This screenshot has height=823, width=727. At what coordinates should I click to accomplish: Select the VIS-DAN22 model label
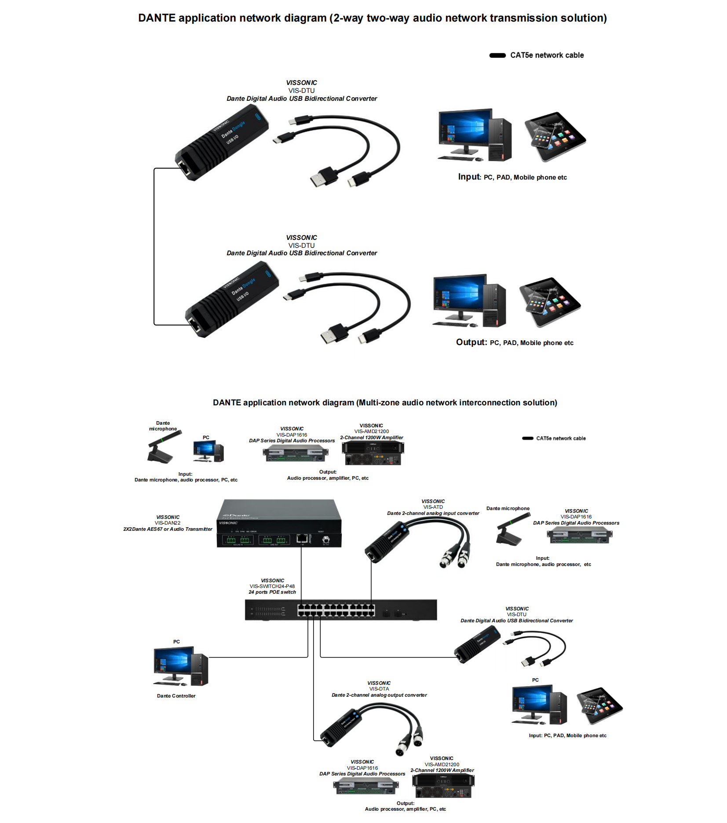168,523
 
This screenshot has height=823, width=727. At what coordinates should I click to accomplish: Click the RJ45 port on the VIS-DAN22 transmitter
302,538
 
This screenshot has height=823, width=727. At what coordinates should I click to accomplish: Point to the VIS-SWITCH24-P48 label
272,586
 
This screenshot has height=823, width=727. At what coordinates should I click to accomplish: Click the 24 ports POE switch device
340,610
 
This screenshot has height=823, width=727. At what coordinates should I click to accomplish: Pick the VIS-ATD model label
433,507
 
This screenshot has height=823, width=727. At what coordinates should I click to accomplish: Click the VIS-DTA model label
379,689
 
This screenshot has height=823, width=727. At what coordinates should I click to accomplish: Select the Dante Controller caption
176,696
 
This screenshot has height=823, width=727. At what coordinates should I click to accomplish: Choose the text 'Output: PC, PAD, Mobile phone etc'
515,342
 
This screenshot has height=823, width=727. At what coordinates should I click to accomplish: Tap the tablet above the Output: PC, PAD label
550,301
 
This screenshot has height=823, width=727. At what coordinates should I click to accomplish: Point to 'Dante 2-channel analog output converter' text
379,695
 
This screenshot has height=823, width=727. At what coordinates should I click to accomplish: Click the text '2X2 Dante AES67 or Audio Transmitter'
168,529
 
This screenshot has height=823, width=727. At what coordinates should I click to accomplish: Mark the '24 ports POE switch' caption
272,592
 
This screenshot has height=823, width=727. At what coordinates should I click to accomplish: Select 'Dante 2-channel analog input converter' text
433,513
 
